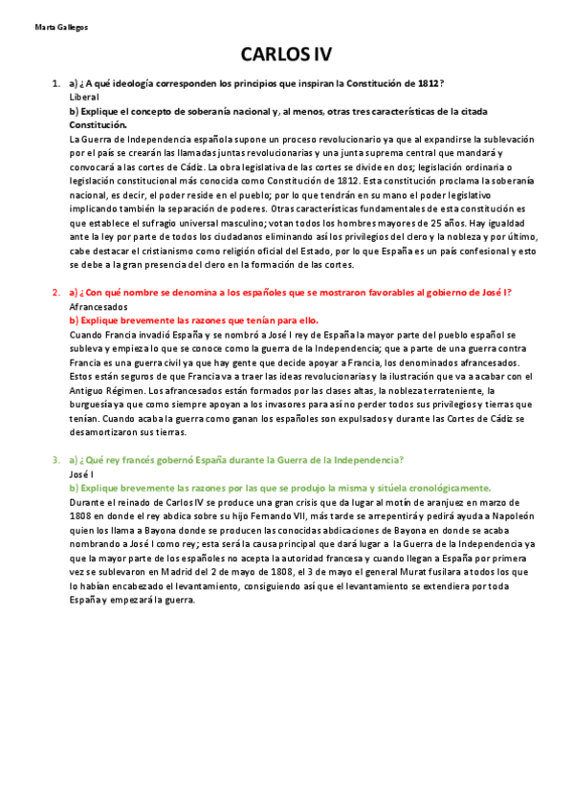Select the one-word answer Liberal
click(84, 98)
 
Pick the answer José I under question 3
click(81, 473)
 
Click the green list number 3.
click(56, 460)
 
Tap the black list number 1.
click(56, 84)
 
